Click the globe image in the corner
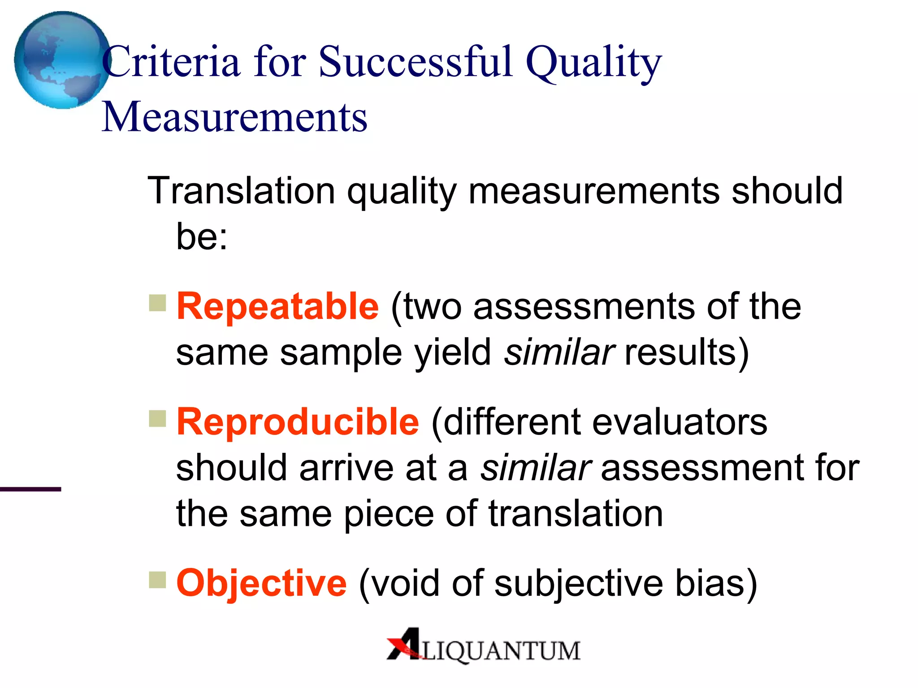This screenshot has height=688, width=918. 61,60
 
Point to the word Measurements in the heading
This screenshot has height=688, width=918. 234,117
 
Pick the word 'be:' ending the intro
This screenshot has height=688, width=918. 202,236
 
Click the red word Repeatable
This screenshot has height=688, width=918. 277,306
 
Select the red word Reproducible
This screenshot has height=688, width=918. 298,422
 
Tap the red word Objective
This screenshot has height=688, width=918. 261,583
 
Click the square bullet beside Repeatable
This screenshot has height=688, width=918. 157,303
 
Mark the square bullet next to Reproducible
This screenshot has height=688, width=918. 157,419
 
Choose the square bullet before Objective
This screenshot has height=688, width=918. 157,580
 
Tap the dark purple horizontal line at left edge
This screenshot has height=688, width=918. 30,489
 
